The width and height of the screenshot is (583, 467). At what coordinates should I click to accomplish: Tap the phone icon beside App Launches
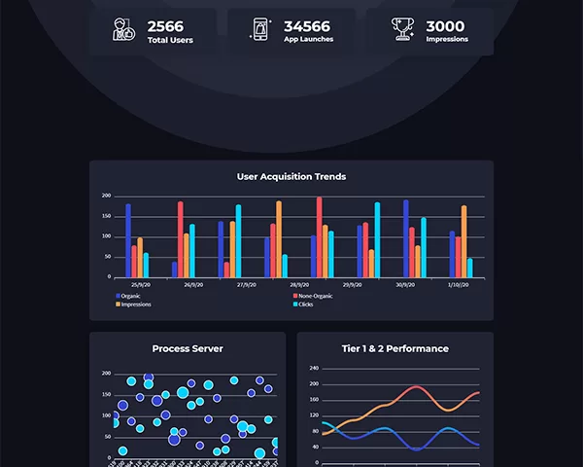(261, 30)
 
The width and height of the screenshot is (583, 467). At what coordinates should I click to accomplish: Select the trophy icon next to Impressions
(402, 30)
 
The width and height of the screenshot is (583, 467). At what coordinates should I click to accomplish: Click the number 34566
(306, 25)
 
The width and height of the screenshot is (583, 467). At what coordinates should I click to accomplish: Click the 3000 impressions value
(445, 25)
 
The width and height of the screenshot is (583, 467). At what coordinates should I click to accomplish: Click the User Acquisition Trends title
(291, 177)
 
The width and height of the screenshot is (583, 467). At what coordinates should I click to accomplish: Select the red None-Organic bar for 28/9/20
(319, 237)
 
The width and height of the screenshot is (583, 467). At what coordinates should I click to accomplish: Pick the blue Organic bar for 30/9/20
(406, 238)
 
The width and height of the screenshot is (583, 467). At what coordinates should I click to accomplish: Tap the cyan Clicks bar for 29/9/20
(377, 239)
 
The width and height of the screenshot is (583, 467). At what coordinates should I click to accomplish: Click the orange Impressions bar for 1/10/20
(463, 241)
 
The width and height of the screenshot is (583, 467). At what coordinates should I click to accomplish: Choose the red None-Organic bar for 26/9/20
(180, 239)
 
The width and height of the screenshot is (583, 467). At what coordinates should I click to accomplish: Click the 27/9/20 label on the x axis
(237, 285)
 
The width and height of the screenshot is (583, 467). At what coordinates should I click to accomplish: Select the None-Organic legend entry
(315, 295)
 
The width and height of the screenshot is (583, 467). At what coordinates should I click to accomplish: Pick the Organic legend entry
(130, 295)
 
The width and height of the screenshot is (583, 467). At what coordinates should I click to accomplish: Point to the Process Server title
(188, 348)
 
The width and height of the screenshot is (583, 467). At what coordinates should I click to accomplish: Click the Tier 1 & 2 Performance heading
(395, 348)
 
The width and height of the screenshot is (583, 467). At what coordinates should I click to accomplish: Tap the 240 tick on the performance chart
(313, 369)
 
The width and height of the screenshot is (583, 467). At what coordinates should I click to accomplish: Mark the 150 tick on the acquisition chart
(106, 216)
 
